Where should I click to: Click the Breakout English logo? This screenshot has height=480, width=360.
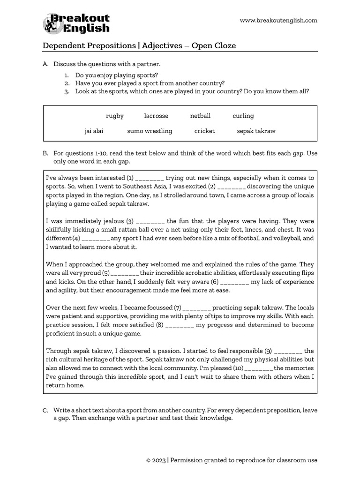(76, 24)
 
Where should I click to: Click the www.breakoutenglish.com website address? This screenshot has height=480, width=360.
(278, 20)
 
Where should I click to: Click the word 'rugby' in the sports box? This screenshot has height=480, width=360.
(115, 116)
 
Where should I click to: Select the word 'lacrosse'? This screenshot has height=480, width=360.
(156, 116)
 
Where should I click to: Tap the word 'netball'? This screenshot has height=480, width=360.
(200, 116)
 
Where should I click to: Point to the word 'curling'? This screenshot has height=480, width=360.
(243, 116)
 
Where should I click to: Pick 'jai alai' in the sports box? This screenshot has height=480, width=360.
(94, 131)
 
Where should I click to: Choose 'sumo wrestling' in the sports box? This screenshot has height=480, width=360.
(150, 131)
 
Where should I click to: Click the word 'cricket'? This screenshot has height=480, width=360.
(204, 131)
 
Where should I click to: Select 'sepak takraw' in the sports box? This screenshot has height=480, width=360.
(256, 131)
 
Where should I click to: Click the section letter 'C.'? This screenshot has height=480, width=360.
(45, 410)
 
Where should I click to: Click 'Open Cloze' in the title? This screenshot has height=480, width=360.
(214, 45)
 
